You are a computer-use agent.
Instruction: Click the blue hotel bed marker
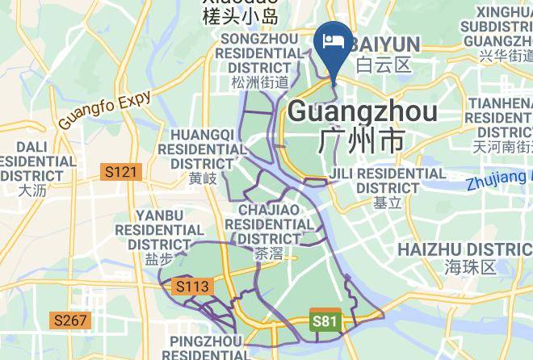pyautogui.click(x=334, y=43)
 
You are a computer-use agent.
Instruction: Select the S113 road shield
pyautogui.click(x=192, y=287)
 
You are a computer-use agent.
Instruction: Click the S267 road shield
pyautogui.click(x=71, y=320)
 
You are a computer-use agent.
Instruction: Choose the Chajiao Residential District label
pyautogui.click(x=269, y=224)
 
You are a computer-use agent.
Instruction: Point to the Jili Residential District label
pyautogui.click(x=388, y=180)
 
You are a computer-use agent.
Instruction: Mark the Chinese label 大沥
pyautogui.click(x=33, y=190)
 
